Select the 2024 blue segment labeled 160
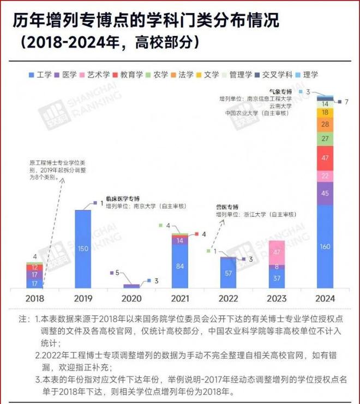[x=324, y=246]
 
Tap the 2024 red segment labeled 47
[x=324, y=158]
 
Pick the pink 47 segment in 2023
[x=276, y=252]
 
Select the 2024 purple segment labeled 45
[x=324, y=194]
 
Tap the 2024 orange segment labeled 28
[x=324, y=124]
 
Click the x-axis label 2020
[x=131, y=299]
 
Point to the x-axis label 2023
[x=276, y=299]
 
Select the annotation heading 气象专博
[x=280, y=91]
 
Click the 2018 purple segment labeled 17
[x=34, y=275]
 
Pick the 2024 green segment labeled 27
[x=324, y=138]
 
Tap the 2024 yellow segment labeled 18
[x=324, y=112]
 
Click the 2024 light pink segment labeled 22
[x=324, y=176]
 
